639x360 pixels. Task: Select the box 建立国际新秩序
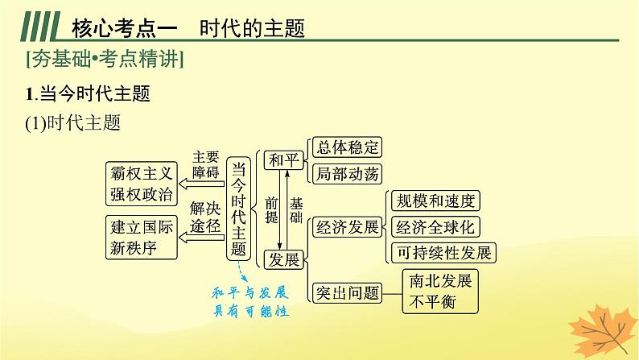coord(141,237)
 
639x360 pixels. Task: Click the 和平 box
coord(282,159)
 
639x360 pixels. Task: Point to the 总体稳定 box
coord(345,147)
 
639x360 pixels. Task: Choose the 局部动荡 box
coord(345,173)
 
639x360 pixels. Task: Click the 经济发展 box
coord(348,227)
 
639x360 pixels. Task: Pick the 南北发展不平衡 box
coord(439,291)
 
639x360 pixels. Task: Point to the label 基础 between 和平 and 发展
coord(297,210)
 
